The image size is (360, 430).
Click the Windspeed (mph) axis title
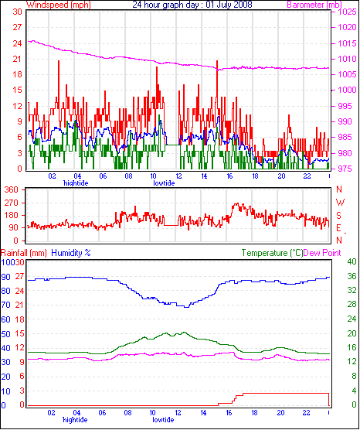pos(59,5)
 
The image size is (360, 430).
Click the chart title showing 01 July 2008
pos(192,5)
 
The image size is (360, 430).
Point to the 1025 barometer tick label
pos(347,12)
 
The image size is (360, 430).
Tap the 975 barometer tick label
pos(347,169)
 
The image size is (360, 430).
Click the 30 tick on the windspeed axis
pos(17,12)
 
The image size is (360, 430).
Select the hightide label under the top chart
pos(76,183)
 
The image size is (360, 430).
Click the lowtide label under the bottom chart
pos(163,420)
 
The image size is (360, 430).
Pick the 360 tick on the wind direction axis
pos(13,189)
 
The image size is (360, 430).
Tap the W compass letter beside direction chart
pos(340,203)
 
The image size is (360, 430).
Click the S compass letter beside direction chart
pos(339,215)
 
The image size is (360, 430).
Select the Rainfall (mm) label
pos(23,253)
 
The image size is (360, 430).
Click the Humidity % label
pos(71,253)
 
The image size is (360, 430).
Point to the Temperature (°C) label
pos(272,253)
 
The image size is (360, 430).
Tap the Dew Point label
pos(322,253)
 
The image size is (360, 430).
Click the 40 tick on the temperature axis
pos(352,261)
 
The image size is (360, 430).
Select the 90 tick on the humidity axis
pos(5,277)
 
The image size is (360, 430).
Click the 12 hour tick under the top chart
pos(179,176)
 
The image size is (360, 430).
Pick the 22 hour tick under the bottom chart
pos(306,412)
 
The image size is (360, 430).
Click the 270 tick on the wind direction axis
pos(13,203)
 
